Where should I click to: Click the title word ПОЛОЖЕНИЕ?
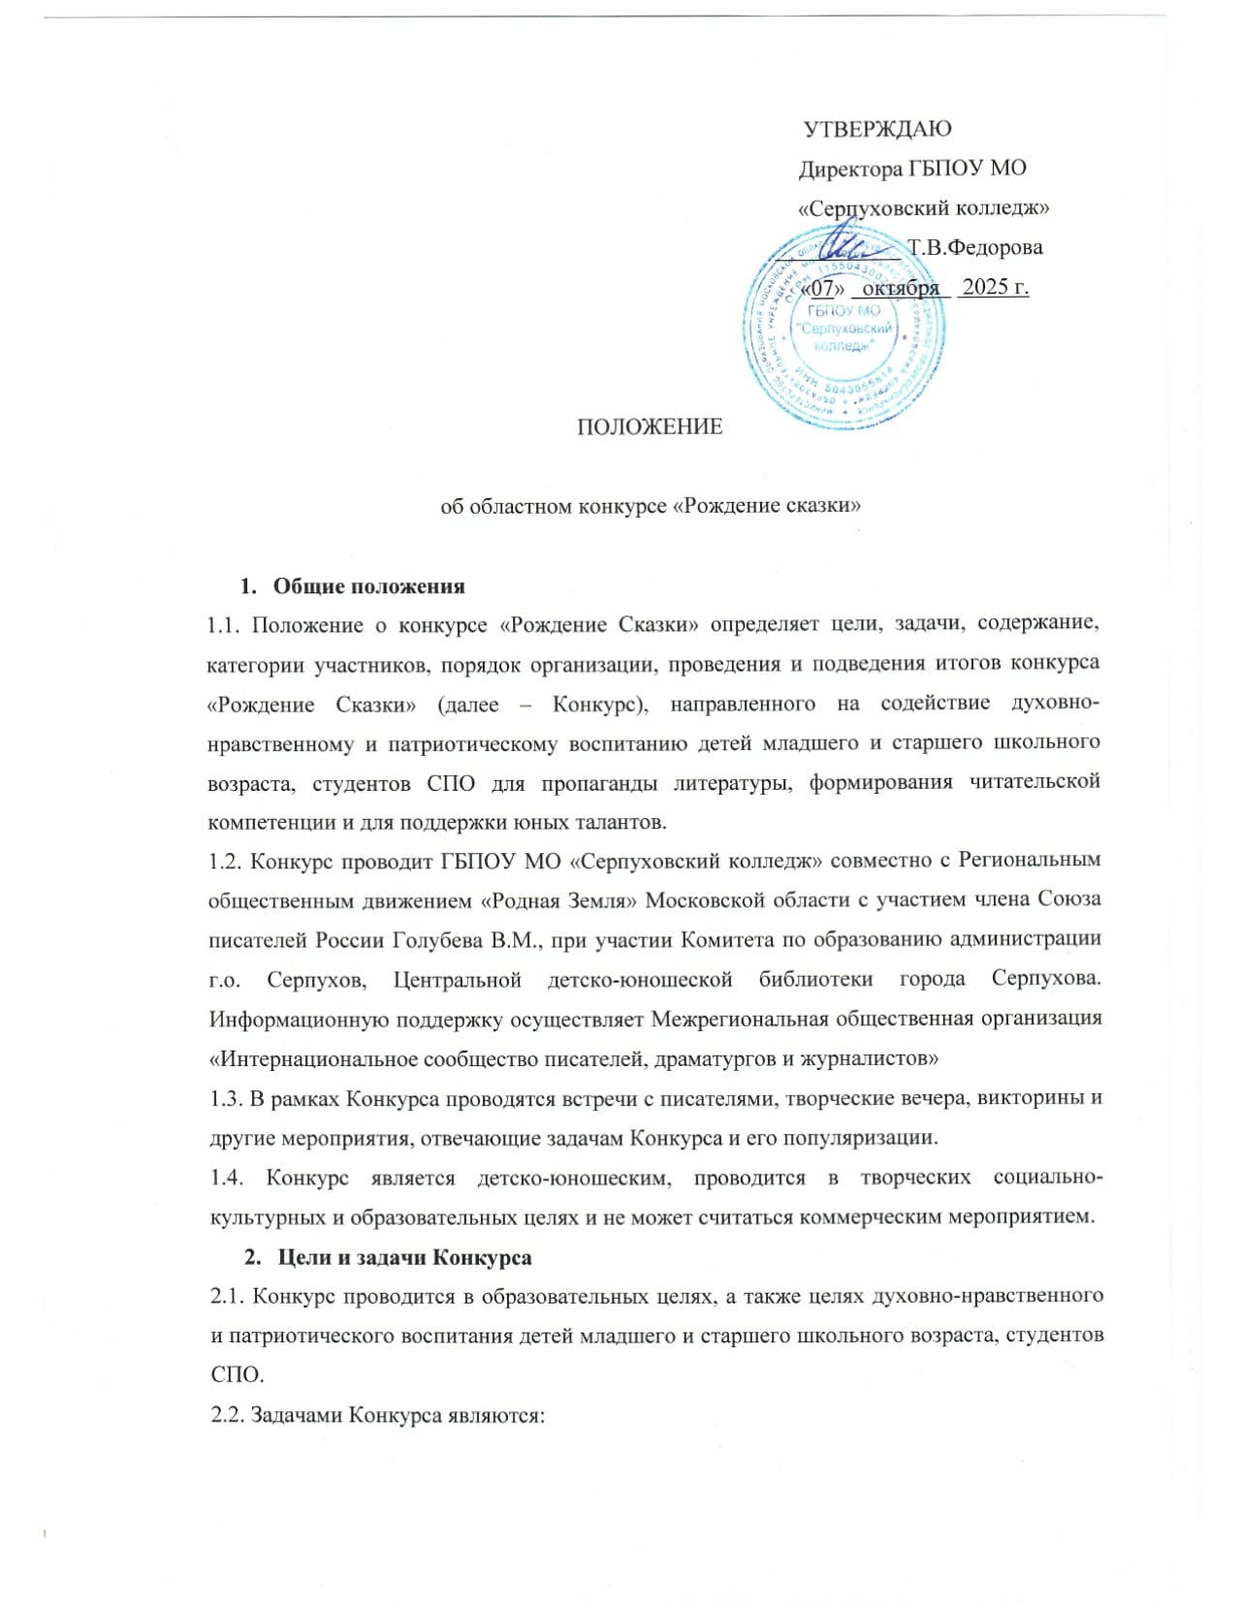650,426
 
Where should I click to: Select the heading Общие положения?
369,586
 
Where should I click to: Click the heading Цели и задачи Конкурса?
404,1258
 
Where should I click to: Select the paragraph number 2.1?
225,1297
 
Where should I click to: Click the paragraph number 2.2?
225,1415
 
